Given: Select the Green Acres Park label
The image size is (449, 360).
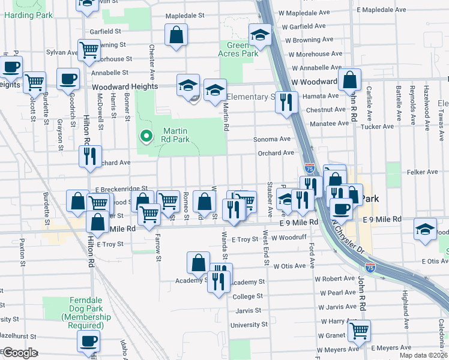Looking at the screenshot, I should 242,49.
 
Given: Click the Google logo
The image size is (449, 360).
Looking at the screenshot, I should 20,353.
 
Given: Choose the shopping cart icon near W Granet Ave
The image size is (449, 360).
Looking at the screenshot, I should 359,329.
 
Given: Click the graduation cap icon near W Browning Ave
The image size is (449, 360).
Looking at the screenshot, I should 261,36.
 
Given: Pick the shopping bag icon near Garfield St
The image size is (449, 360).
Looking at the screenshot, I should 177,35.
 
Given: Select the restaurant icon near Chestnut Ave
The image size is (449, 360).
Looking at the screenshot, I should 287,101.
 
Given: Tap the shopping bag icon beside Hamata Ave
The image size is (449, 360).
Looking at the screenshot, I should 349,79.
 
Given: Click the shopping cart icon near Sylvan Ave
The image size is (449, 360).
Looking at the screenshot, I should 89,50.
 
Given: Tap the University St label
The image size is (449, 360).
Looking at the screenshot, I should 249,325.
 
